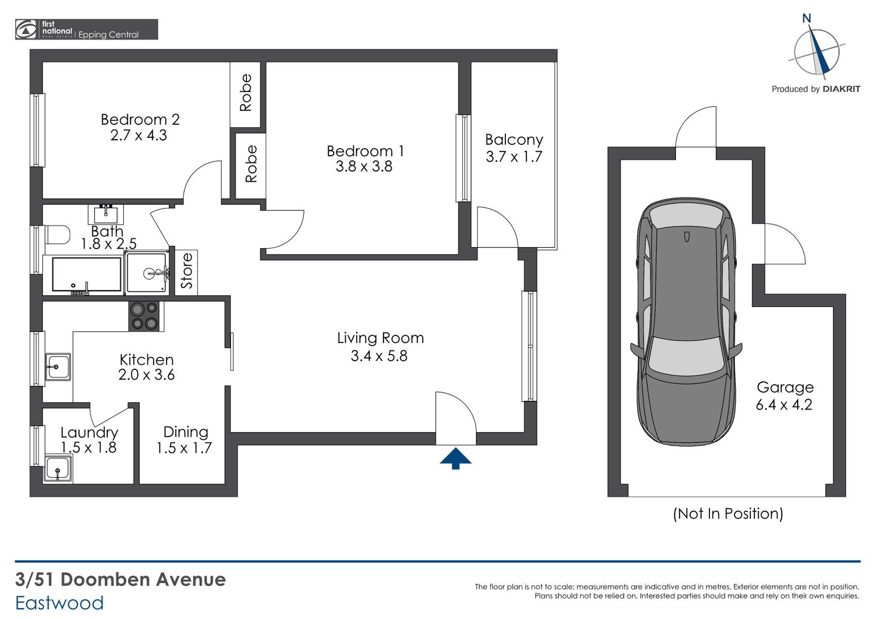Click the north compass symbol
coord(816,49)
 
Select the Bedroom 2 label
coord(140,119)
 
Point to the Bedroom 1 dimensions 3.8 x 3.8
coord(364,167)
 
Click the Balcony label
coord(514,139)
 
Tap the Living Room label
coord(381,338)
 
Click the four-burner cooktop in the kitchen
coord(144,317)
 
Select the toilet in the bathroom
coord(57,235)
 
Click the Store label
coord(187,271)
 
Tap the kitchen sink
coord(58,367)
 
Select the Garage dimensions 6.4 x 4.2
coord(784,404)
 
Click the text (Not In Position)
coord(728,513)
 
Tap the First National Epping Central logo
coord(87,29)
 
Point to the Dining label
coord(186,432)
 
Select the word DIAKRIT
coord(841,89)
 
